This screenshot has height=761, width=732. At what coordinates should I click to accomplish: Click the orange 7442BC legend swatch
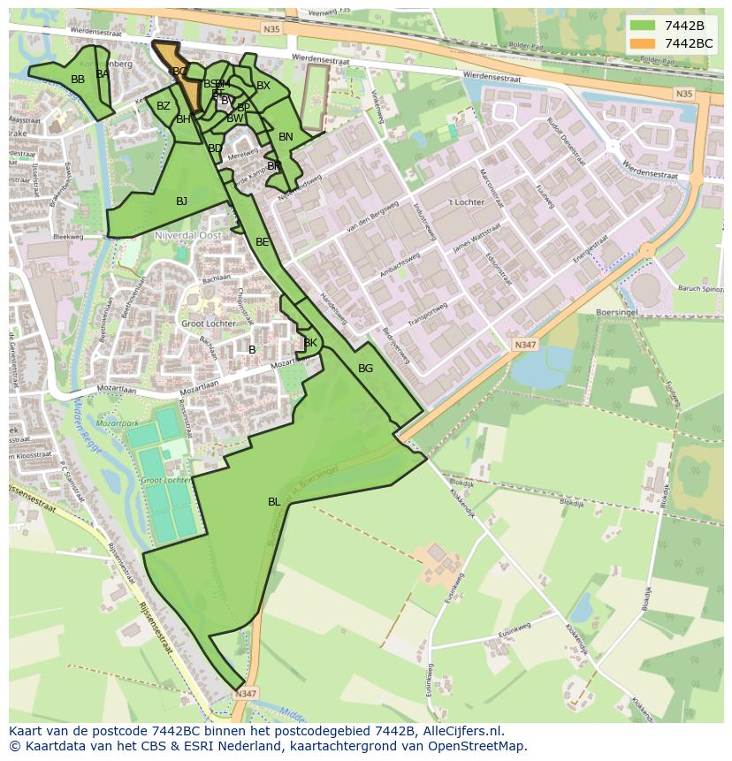tap(644, 43)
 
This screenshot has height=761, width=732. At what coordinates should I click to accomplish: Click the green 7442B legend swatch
tap(644, 26)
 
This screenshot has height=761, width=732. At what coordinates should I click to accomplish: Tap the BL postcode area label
tap(274, 502)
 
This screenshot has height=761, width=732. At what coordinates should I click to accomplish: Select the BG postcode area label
tap(365, 369)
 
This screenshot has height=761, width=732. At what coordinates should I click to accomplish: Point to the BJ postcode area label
tap(181, 202)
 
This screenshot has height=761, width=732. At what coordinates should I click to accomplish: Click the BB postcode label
tap(78, 80)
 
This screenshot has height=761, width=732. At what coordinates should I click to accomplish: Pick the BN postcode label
tap(286, 137)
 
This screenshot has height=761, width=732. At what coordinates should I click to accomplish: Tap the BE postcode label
tap(262, 242)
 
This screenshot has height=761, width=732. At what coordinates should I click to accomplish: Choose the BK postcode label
tap(310, 343)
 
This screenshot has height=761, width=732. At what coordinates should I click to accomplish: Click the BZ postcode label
tap(164, 106)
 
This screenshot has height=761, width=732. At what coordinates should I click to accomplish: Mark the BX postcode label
tap(263, 86)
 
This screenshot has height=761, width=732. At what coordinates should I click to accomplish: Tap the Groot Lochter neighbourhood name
tap(209, 323)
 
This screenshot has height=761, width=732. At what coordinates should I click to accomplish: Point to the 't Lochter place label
tap(466, 202)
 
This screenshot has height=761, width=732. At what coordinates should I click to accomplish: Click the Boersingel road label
tap(618, 311)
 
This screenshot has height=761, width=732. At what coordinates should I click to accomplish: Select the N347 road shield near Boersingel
tap(524, 345)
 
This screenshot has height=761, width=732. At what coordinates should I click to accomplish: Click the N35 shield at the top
tap(271, 29)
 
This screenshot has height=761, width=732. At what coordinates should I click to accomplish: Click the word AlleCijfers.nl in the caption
tap(461, 731)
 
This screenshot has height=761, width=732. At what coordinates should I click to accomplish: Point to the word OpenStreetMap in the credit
tap(478, 746)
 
